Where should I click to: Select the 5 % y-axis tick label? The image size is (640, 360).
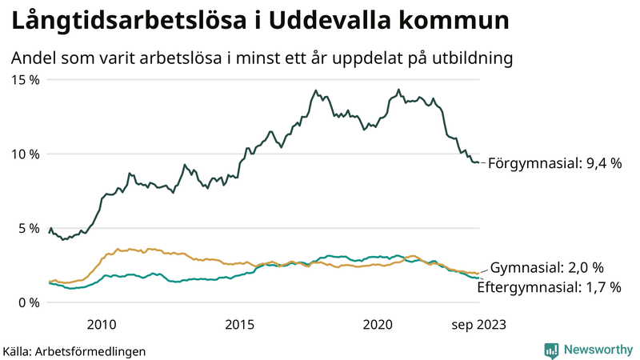click(30, 228)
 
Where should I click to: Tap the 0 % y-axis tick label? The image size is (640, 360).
click(30, 302)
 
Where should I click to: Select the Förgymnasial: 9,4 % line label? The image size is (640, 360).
click(554, 162)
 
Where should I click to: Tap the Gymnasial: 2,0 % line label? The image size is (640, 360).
click(546, 267)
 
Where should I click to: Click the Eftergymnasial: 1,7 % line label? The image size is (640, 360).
click(549, 286)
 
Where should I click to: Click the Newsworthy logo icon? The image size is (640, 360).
click(551, 350)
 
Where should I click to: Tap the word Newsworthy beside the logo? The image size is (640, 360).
click(597, 350)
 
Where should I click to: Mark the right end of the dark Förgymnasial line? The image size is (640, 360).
click(478, 162)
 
